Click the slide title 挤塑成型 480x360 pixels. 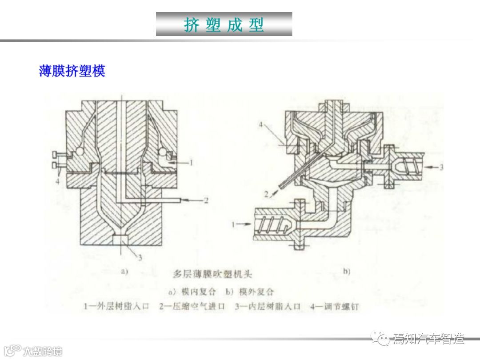(x=224, y=24)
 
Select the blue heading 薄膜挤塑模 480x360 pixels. (x=72, y=71)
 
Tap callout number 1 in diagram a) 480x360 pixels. (x=192, y=163)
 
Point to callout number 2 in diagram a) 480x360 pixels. (x=206, y=200)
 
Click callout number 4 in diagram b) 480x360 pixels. (x=261, y=125)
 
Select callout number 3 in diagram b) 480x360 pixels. (x=441, y=168)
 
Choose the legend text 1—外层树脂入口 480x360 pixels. (x=117, y=307)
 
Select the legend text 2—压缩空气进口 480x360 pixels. (x=192, y=307)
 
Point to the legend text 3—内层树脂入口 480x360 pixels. (x=268, y=307)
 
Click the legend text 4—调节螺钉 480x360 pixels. (x=335, y=307)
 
